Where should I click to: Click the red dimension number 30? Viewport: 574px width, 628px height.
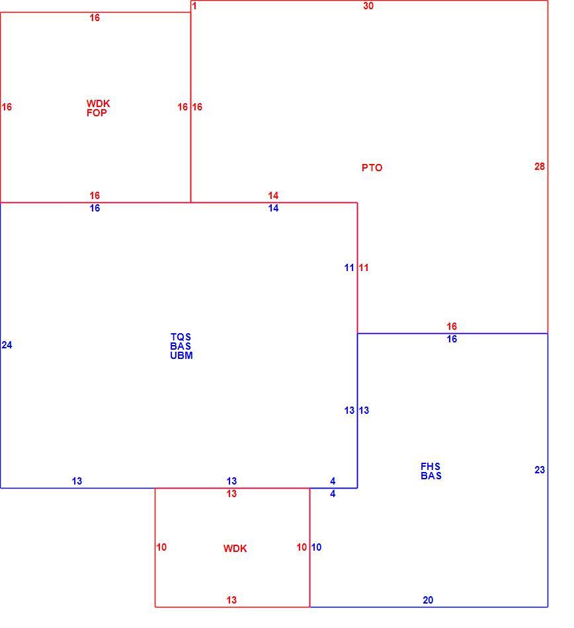coord(368,6)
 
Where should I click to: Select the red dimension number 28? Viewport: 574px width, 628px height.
coord(540,167)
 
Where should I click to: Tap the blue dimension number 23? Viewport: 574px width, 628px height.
coord(540,470)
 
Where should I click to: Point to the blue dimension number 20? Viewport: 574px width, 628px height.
coord(428,600)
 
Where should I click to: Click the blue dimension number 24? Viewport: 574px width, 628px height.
coord(7,345)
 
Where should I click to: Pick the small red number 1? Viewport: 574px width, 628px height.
coord(194,6)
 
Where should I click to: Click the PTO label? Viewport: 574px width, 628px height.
coord(372,168)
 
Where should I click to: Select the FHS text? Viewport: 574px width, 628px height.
coord(430,467)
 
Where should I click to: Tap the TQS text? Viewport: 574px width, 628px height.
coord(181,337)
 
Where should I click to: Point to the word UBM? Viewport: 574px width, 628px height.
coord(181,356)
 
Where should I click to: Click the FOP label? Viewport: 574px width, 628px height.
coord(97,113)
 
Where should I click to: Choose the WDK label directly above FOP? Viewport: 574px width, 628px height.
coord(98,104)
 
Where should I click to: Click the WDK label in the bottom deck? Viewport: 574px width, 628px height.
coord(235,549)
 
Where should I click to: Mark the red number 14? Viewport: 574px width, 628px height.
coord(273,196)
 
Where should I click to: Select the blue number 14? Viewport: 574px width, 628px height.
coord(273,208)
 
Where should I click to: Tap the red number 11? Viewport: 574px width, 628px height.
coord(364,268)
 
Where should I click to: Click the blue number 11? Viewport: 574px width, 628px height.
coord(349,268)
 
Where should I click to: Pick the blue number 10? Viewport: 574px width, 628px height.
coord(317,547)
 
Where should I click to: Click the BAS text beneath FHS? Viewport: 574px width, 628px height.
coord(431,476)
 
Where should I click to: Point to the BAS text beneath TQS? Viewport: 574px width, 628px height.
coord(181,346)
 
